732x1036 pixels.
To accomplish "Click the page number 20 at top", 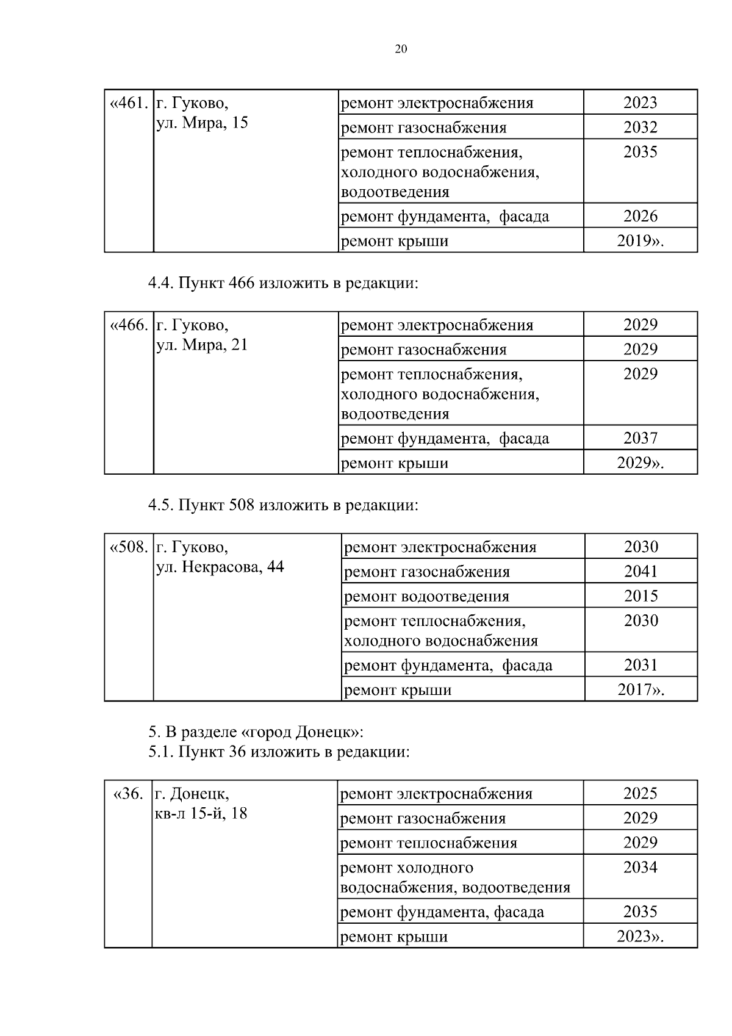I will [401, 50].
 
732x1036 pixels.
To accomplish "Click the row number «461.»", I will [128, 103].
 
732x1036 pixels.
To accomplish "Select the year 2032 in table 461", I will [640, 128].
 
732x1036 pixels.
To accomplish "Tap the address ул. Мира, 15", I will [202, 123].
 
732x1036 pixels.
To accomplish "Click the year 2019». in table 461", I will [640, 241].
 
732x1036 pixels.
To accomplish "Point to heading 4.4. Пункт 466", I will [283, 284].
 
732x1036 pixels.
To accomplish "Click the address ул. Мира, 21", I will [202, 345].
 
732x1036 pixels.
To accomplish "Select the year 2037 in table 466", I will [640, 438].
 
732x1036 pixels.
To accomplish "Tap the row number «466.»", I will [128, 325].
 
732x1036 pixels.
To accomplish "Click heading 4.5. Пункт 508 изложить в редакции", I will [283, 506].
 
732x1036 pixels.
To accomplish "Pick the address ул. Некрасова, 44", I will [220, 567].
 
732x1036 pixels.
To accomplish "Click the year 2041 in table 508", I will [640, 572].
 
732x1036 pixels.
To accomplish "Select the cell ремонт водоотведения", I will [426, 596].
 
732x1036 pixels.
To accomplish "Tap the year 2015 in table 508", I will [640, 596].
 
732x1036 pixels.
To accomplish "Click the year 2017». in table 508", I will [640, 690].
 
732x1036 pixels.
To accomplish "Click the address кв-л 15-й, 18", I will [201, 813].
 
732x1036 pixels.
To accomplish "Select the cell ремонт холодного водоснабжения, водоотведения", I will [454, 877].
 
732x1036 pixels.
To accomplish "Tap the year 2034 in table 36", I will [640, 868].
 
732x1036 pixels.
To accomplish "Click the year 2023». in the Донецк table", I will [640, 937].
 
